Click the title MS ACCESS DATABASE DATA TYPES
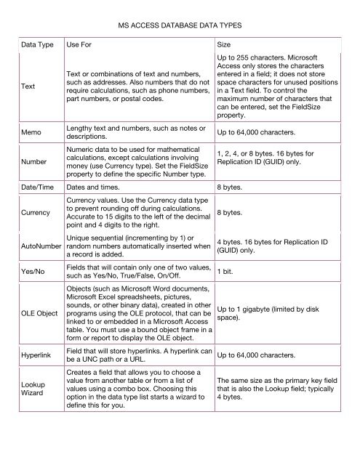179,25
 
